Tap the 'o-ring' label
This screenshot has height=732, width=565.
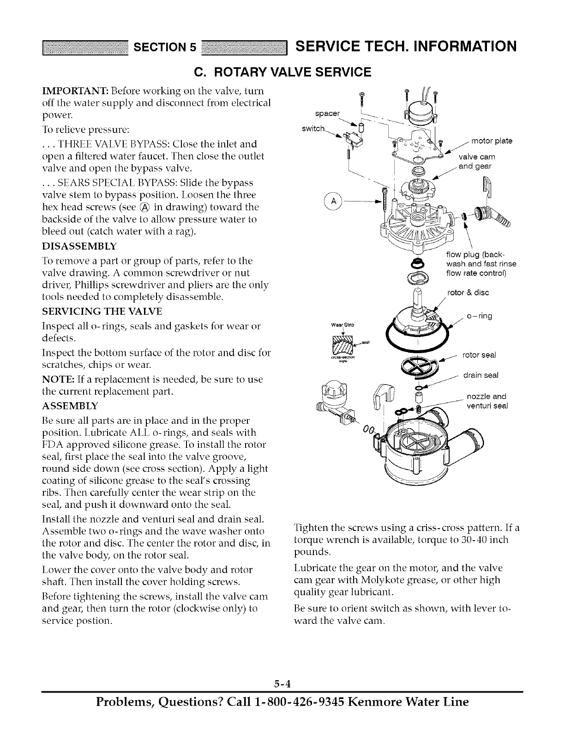tap(480, 316)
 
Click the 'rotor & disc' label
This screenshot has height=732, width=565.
tap(468, 293)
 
